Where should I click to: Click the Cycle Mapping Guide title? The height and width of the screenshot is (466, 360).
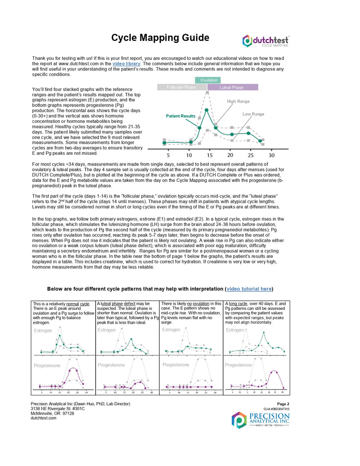pos(160,38)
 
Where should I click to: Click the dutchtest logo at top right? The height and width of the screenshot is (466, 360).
pos(265,41)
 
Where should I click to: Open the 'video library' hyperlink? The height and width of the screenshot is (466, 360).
pos(126,64)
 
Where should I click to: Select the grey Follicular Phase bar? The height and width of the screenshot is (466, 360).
pos(181,87)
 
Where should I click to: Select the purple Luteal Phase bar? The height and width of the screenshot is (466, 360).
pos(232,87)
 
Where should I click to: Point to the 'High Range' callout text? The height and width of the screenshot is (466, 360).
pos(238,101)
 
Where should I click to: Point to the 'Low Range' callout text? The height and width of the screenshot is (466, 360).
pos(253,114)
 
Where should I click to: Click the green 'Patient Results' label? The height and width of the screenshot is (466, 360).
pos(180,116)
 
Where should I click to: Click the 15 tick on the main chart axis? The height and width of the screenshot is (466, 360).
pos(210,155)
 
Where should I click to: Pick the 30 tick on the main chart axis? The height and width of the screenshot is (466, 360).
pos(271,155)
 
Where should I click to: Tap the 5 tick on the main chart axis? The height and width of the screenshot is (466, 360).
pos(168,155)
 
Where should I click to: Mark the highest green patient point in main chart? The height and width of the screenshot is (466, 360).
pos(207,110)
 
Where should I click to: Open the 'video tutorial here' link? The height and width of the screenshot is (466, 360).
pos(249,289)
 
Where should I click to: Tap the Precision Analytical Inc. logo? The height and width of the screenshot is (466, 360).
pos(261,420)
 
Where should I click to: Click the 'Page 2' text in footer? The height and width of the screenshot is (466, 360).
pos(283,404)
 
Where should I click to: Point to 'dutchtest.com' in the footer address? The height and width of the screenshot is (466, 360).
pos(43,418)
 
